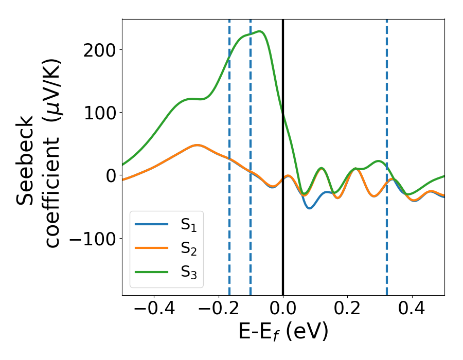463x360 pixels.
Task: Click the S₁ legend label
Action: click(189, 225)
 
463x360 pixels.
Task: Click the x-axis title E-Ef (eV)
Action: click(283, 333)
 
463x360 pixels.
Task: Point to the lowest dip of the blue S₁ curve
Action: click(309, 208)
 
